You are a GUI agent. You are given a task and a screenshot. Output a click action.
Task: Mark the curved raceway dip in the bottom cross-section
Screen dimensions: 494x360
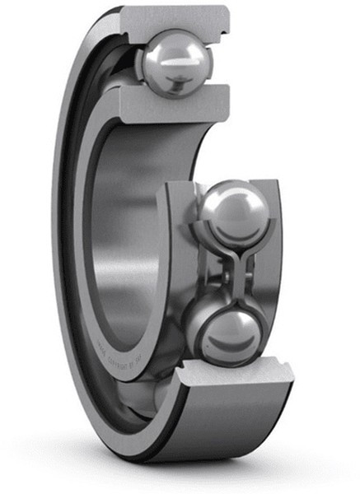pyautogui.click(x=235, y=370)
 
